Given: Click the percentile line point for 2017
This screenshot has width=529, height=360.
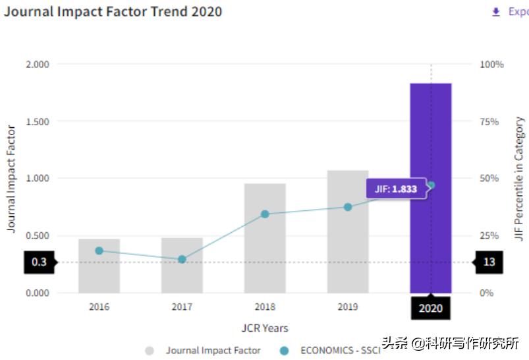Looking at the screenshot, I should (x=182, y=259).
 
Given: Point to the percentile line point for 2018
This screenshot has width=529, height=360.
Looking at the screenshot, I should (x=265, y=214).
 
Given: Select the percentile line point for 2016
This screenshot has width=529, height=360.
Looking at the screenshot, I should (x=99, y=251).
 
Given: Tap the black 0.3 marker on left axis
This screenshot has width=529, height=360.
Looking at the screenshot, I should (x=40, y=262).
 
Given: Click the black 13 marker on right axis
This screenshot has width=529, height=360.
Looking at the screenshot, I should (x=489, y=262).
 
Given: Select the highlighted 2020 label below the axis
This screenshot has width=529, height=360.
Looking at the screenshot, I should (x=431, y=308).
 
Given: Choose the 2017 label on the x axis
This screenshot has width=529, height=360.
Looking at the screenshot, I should (x=182, y=307).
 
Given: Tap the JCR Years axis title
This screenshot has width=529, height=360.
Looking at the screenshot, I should (x=264, y=328).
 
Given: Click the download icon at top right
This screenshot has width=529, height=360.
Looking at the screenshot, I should (x=496, y=12).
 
